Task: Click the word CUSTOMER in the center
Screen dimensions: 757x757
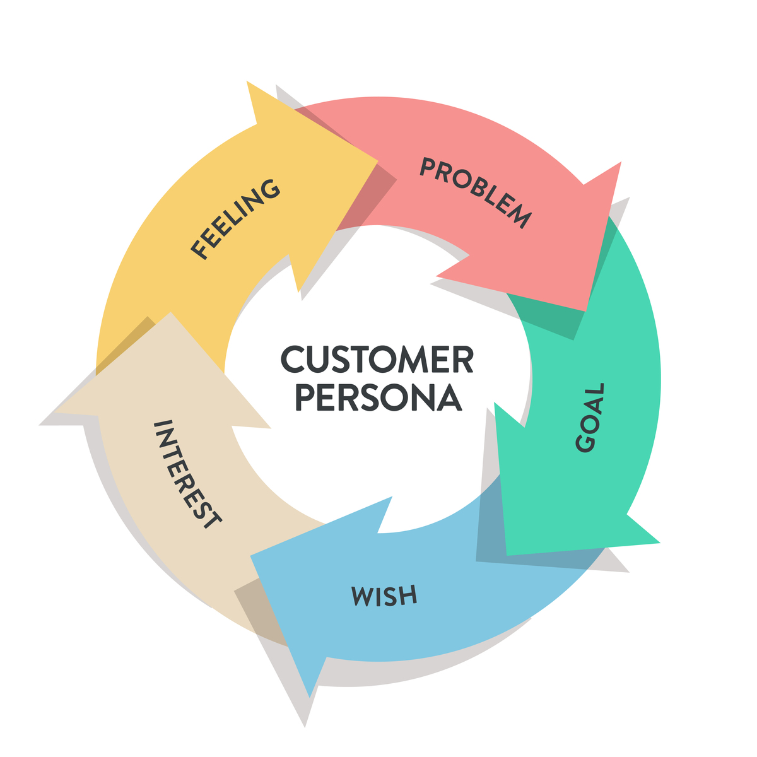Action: coord(377,359)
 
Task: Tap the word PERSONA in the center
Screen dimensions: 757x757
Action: coord(378,397)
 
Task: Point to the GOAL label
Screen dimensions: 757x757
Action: coord(590,417)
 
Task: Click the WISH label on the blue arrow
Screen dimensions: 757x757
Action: coord(384,596)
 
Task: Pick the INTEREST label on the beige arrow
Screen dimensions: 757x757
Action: coord(187,474)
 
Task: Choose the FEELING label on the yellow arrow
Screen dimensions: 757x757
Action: coord(235,219)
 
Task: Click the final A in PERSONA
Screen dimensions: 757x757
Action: coord(450,397)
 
